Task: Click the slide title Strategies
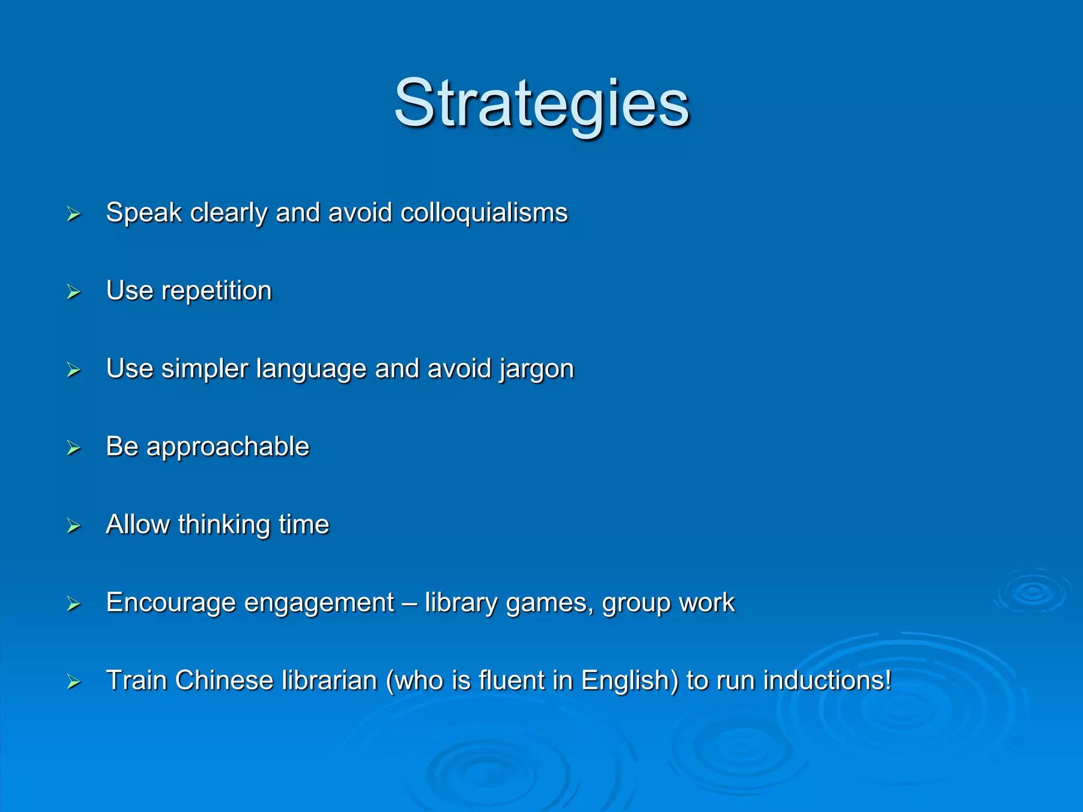click(541, 103)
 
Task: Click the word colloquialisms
click(484, 213)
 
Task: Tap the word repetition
click(216, 291)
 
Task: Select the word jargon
click(537, 369)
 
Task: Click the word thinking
click(224, 524)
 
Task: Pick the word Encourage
click(170, 603)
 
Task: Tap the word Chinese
click(224, 680)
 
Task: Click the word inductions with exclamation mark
click(827, 680)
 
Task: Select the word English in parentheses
click(629, 680)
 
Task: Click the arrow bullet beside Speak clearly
click(74, 214)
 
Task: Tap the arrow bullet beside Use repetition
click(74, 292)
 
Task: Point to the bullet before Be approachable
click(74, 448)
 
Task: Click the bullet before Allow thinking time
click(74, 526)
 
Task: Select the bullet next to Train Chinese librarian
click(74, 682)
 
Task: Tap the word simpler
click(204, 369)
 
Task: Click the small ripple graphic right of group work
click(1032, 592)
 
